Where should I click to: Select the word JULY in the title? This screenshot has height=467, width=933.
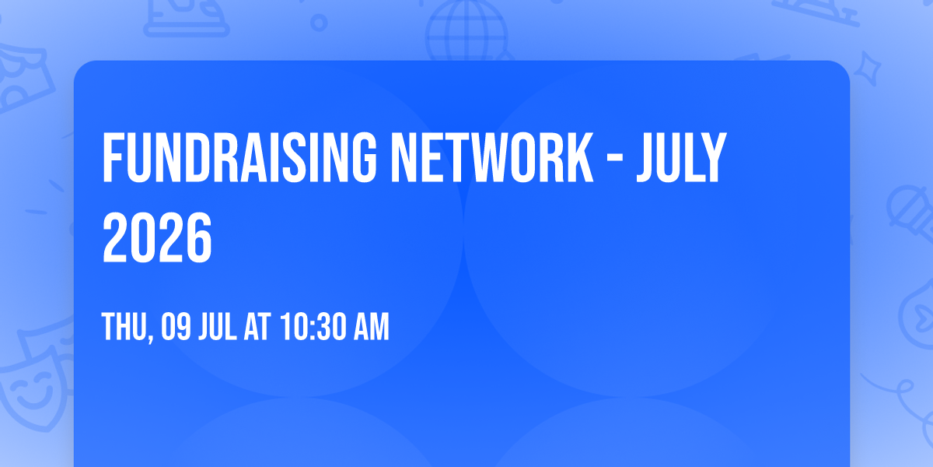point(681,159)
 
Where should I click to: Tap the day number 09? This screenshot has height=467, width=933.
point(176,328)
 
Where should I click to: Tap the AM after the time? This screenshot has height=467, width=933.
point(371,328)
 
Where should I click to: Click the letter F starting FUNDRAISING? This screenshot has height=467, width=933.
point(114,159)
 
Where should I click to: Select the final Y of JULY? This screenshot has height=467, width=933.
point(714,159)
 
